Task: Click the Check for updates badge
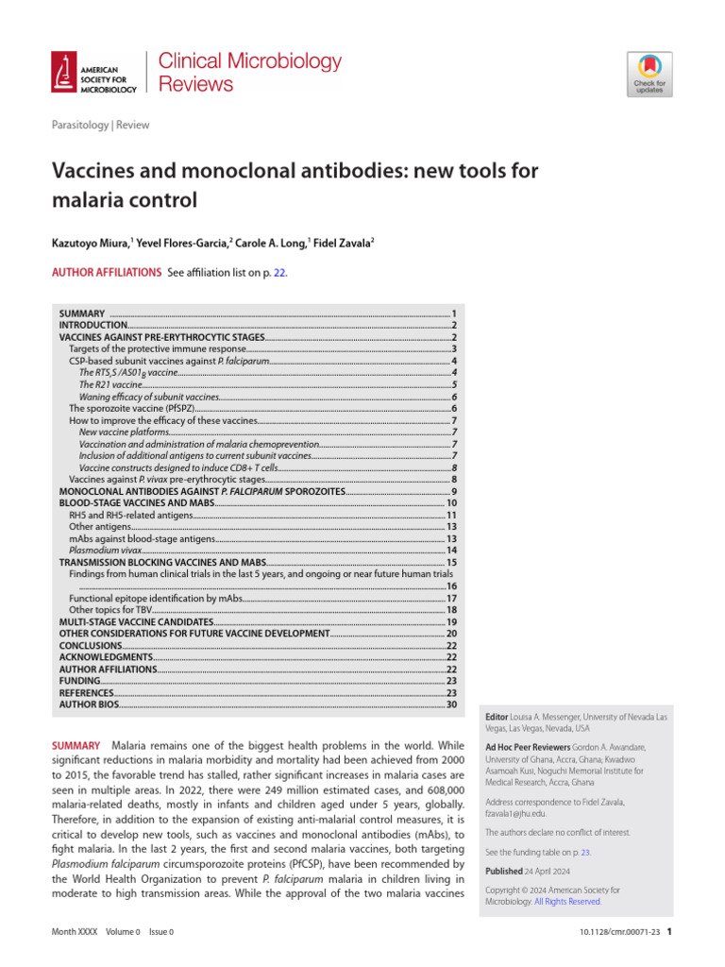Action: coord(649,74)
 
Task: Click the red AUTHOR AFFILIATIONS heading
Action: coord(106,273)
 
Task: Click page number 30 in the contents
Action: coord(451,704)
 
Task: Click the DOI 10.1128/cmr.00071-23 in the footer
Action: coord(618,932)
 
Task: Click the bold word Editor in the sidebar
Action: coord(497,718)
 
